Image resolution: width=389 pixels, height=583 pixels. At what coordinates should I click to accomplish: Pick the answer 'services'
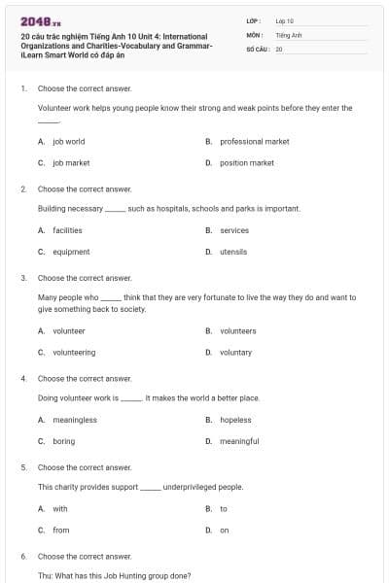(234, 230)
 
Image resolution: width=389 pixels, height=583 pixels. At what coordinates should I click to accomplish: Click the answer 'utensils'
(233, 252)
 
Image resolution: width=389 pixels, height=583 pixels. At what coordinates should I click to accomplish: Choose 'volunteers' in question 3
(238, 330)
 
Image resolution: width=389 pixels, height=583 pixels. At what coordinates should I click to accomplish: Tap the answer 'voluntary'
(236, 352)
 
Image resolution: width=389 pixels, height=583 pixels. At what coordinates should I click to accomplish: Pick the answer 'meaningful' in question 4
(239, 441)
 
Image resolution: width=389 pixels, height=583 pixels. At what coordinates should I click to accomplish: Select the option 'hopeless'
(235, 420)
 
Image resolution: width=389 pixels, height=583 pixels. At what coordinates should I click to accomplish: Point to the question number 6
(22, 556)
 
